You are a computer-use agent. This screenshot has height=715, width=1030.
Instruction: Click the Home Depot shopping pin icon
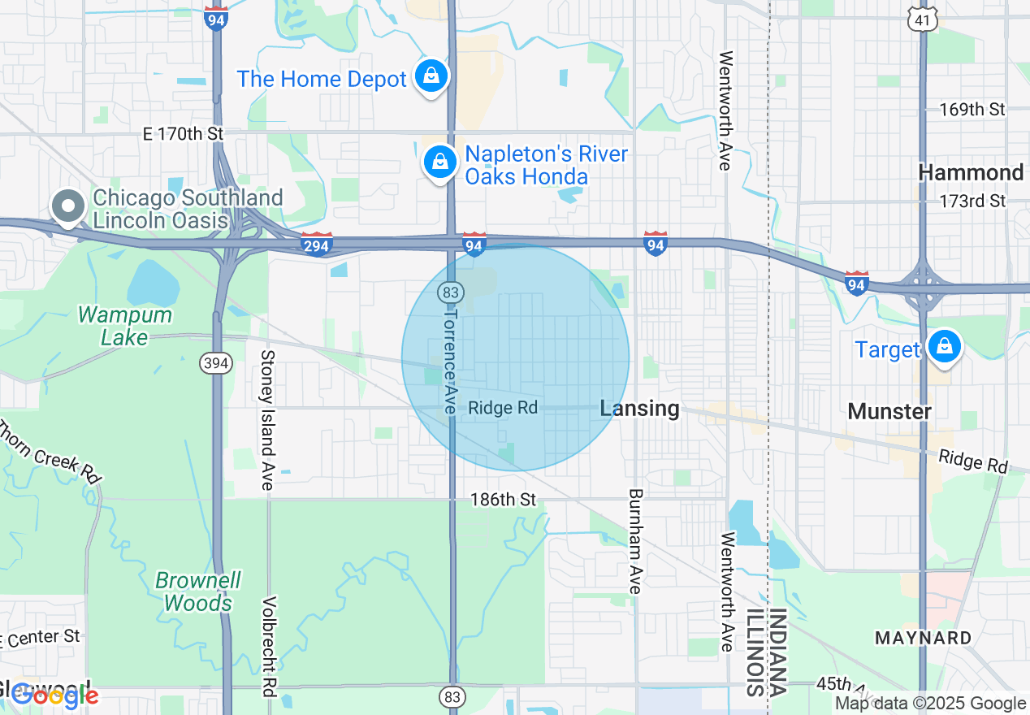(432, 76)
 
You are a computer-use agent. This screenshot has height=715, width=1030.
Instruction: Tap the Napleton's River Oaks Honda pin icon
(439, 162)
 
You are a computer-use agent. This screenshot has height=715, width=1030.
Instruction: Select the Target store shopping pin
(944, 346)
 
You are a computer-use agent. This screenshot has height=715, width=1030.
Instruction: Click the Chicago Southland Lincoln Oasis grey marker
(68, 206)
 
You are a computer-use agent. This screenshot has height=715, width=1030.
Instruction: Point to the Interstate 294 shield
(316, 243)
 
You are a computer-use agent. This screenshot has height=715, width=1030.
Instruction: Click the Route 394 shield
(216, 363)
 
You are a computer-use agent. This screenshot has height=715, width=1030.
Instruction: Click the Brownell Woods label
(198, 591)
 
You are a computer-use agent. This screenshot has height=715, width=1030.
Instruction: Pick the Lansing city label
(639, 408)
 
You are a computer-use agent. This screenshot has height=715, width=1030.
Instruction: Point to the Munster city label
(889, 411)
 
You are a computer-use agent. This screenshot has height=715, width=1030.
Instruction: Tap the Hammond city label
(971, 172)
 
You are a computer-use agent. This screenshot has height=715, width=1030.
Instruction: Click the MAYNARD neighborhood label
(923, 638)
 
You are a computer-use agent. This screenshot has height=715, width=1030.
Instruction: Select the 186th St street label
(503, 500)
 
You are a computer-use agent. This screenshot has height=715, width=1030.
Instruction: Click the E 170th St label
(182, 133)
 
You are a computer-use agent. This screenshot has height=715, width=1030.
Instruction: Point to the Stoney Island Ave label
(266, 420)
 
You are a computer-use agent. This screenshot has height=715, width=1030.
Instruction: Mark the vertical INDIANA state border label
(777, 652)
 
